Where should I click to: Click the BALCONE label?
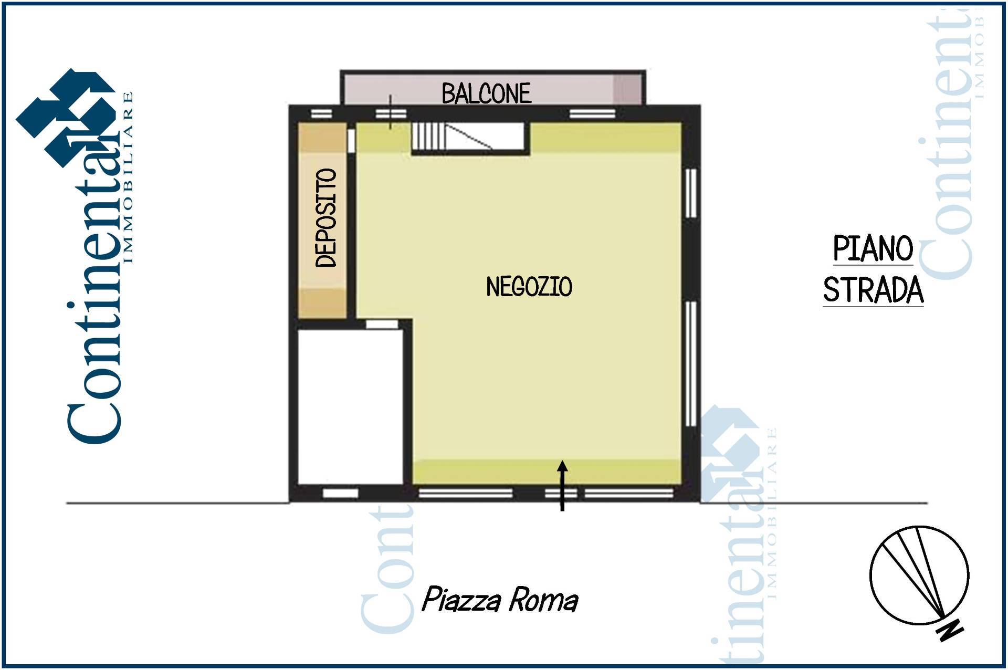486,93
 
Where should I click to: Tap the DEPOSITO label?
325,217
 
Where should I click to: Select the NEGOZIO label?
529,287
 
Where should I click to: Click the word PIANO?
873,248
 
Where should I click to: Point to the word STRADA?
873,289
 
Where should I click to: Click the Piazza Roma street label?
500,600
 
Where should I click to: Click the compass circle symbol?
919,575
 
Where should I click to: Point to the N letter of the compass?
950,631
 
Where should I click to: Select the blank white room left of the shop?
350,406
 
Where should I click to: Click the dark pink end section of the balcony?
627,89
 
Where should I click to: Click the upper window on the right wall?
691,193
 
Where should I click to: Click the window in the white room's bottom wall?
340,493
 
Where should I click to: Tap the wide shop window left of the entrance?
465,493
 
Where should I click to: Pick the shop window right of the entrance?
629,493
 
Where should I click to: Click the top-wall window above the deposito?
321,114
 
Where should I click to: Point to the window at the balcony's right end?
593,114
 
